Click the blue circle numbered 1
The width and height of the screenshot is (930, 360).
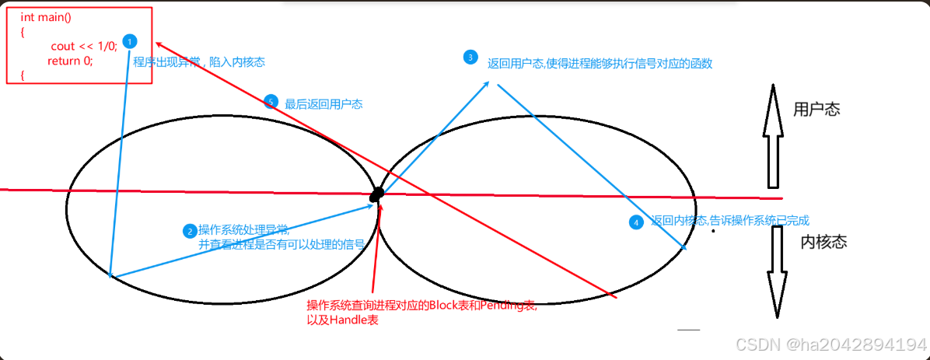coord(130,40)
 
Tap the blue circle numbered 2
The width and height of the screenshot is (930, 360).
coord(189,231)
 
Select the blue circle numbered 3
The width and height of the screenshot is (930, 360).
coord(470,57)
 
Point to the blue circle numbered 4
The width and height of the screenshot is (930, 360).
coord(636,222)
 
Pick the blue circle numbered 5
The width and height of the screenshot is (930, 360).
coord(271,102)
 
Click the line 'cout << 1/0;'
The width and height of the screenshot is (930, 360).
coord(84,47)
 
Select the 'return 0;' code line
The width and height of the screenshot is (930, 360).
coord(69,61)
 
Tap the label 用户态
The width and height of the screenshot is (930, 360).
coord(816,110)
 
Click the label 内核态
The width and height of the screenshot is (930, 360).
coord(823,242)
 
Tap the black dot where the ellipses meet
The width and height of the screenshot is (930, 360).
coord(377,194)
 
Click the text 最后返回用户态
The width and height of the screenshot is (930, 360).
coord(323,103)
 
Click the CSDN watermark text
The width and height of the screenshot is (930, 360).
coord(830,344)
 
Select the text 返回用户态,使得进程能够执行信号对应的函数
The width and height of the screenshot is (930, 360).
coord(600,63)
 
